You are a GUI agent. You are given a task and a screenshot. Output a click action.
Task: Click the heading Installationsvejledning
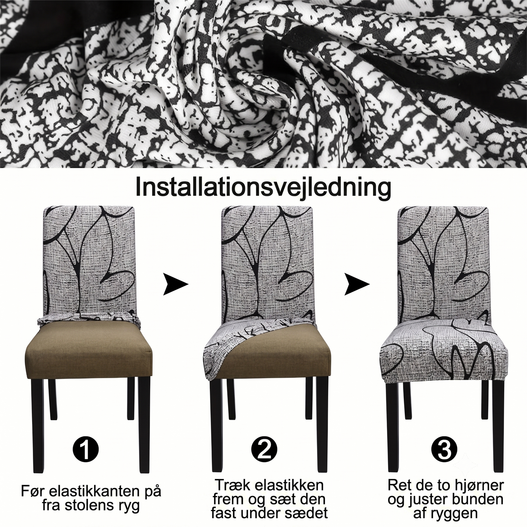click(263, 187)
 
